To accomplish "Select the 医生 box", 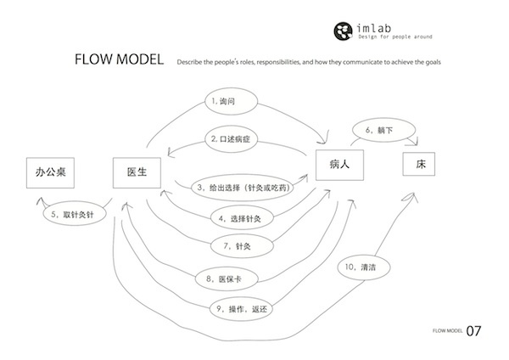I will pos(137,173).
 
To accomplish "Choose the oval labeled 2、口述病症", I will pos(237,138).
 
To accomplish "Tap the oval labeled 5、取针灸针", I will pos(72,214).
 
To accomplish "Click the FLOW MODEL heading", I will pos(119,62).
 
